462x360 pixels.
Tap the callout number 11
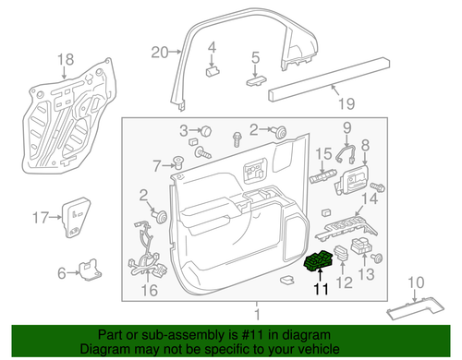[x=321, y=291]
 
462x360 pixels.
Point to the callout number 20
[x=159, y=52]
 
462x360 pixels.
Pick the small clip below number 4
[x=212, y=67]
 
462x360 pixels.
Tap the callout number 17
[x=39, y=219]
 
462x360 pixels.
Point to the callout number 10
[x=417, y=282]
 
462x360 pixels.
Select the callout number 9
[x=347, y=126]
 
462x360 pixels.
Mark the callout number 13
[x=366, y=274]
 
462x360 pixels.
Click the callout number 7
[x=155, y=163]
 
